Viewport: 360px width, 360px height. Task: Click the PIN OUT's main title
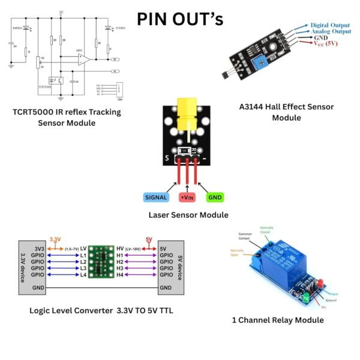[x=180, y=19]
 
